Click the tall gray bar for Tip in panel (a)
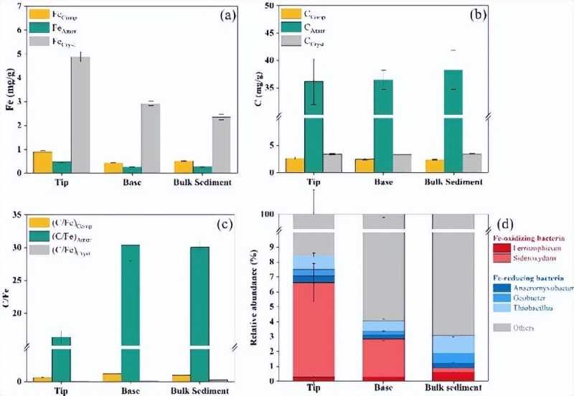80,115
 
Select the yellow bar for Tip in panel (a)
42,162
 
